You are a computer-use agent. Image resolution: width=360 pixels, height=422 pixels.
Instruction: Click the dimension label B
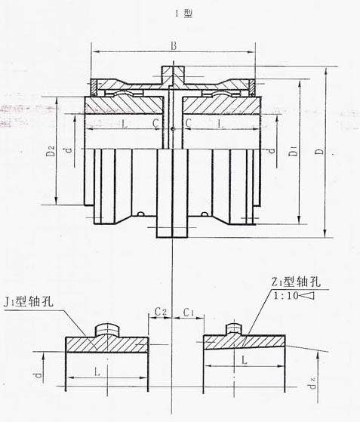tap(174, 47)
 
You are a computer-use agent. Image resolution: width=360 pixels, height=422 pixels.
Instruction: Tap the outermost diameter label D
tap(321, 152)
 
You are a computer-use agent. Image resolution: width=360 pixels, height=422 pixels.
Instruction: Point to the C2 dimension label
tap(160, 310)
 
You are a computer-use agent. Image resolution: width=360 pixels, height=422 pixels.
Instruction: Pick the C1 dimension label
tap(190, 310)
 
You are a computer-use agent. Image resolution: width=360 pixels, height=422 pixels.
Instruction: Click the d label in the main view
tap(68, 152)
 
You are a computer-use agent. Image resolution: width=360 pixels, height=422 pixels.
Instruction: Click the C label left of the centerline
tap(155, 122)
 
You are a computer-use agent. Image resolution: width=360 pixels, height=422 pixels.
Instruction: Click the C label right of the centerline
tap(188, 122)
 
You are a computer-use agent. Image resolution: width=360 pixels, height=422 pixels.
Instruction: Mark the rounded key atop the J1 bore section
tap(109, 329)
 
